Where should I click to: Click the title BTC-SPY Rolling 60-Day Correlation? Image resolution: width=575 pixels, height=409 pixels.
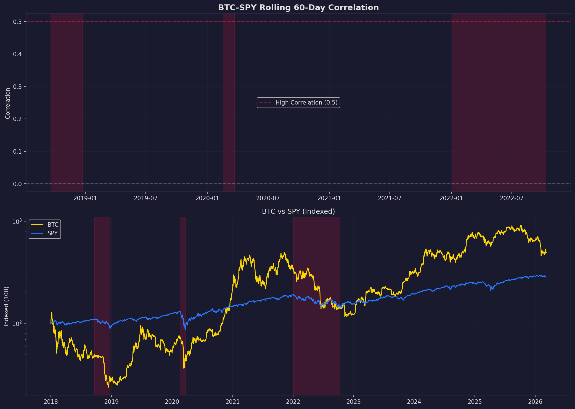(x=298, y=8)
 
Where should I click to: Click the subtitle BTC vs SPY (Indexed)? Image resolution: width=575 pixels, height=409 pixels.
(x=298, y=212)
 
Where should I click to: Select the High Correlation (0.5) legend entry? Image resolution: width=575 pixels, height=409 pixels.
(x=298, y=103)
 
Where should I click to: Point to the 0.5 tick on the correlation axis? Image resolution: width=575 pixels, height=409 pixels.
(x=17, y=22)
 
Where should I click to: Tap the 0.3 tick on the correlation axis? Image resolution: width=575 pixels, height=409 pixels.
(x=17, y=87)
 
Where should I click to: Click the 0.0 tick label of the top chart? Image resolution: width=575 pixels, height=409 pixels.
(x=17, y=184)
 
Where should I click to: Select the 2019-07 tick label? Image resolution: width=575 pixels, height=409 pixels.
(x=146, y=198)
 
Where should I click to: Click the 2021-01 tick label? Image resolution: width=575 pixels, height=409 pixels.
(x=329, y=198)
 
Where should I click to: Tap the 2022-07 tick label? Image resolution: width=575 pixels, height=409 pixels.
(x=512, y=198)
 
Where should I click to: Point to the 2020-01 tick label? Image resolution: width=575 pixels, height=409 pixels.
(x=207, y=198)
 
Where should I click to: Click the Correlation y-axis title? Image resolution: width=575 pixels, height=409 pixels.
(x=8, y=103)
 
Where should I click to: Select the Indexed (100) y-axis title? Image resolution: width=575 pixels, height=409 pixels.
(x=7, y=306)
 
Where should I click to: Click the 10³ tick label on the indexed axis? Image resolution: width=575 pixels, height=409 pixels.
(x=17, y=221)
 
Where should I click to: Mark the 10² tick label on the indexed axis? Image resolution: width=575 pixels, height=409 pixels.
(x=17, y=323)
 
